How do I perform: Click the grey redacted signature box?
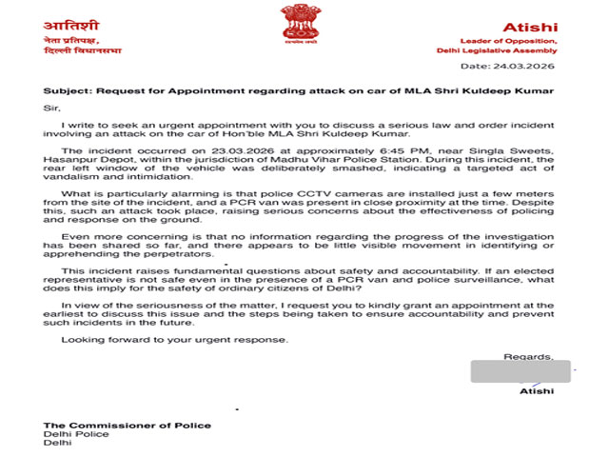(520, 371)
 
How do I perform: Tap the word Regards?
(523, 357)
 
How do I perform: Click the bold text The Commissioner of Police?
(128, 425)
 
